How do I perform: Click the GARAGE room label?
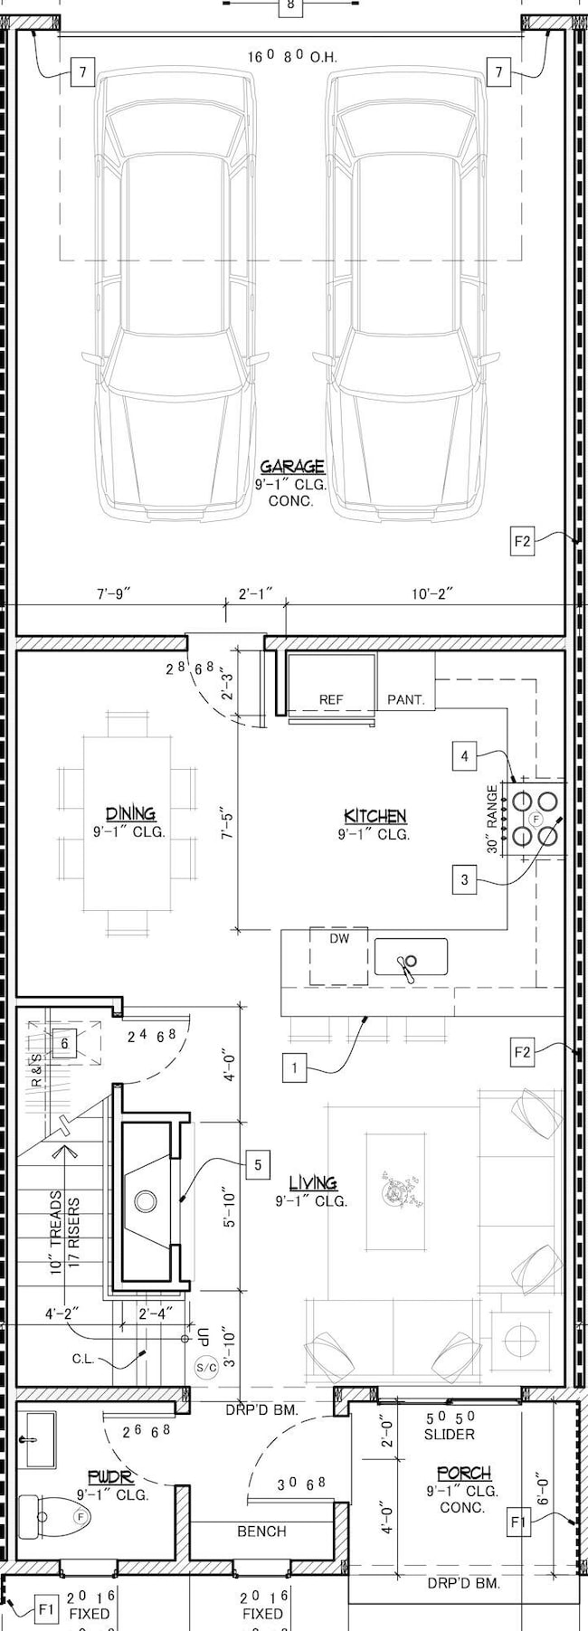point(292,467)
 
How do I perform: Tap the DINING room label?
point(130,813)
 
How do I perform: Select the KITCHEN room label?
point(375,816)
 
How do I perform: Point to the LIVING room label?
point(312,1182)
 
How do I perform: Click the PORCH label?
point(463,1474)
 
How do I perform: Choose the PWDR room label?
point(111,1476)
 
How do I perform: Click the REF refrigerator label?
point(332,699)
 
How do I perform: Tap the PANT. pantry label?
point(405,699)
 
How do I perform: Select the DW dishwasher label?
point(339,939)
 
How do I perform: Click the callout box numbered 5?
point(258,1164)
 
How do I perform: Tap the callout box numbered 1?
point(294,1068)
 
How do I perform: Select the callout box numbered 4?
point(464,755)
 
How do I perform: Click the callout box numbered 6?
point(64,1043)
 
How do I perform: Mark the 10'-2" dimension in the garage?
point(432,593)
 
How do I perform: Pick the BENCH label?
point(261,1531)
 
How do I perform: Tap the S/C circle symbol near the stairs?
point(206,1368)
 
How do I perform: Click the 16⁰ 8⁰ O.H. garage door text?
point(292,57)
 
